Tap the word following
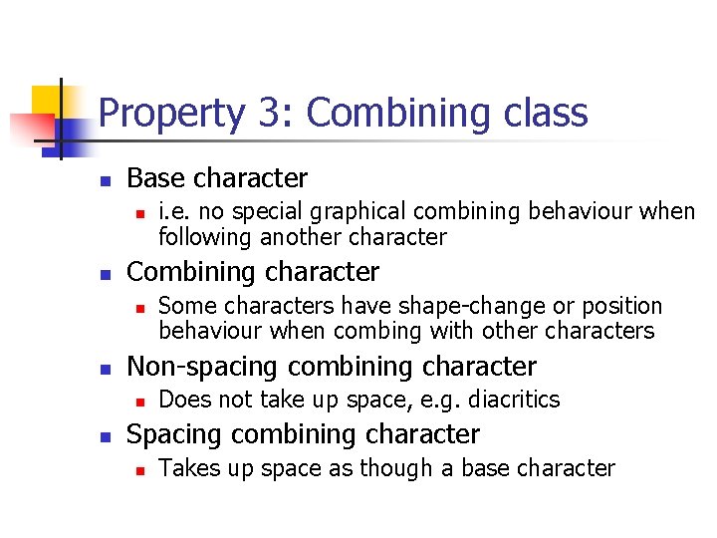point(206,237)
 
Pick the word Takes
point(186,468)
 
